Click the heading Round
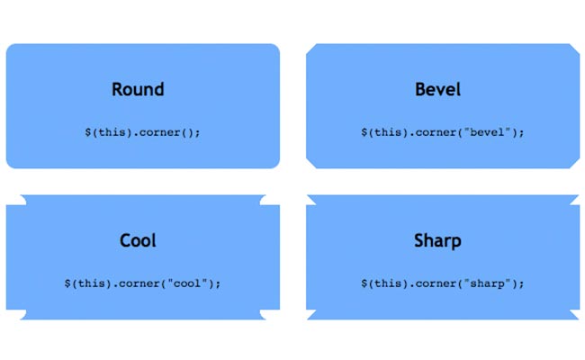coord(138,89)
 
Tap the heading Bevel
coord(437,89)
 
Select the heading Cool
coord(138,240)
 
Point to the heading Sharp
coord(437,241)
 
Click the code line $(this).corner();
coord(142,132)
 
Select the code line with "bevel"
coord(443,132)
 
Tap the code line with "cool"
coord(142,283)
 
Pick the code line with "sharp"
coord(443,283)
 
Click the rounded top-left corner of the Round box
coord(11,48)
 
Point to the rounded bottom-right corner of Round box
coord(275,164)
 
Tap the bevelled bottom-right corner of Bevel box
coord(574,163)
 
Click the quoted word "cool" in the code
coord(187,283)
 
